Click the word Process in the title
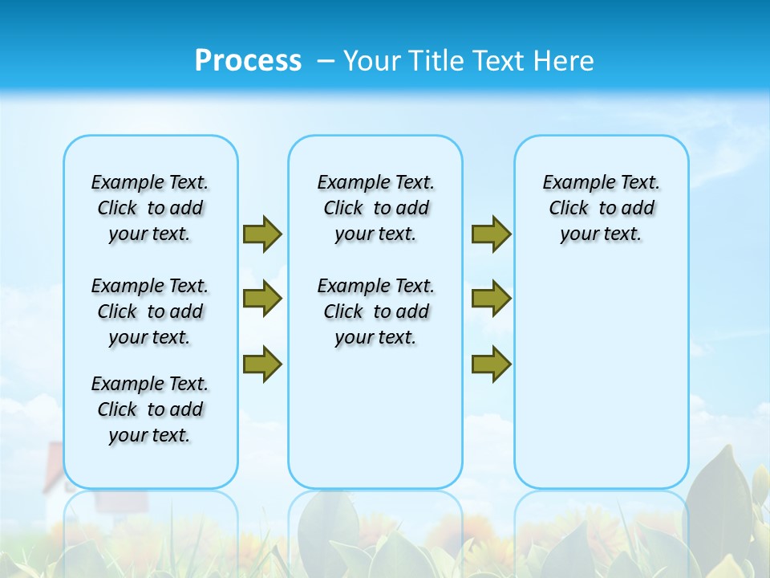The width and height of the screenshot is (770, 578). [248, 61]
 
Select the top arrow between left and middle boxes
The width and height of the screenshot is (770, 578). [261, 234]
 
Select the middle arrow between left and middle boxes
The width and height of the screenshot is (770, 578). [261, 299]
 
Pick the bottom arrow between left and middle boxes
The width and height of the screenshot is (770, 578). [261, 364]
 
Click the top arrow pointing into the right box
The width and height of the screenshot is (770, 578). [491, 234]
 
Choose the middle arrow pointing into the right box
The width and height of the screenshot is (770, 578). [491, 299]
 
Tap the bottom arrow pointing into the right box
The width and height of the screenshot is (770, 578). [491, 364]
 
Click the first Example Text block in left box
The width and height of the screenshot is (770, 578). [150, 208]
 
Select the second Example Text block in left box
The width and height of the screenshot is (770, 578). [150, 311]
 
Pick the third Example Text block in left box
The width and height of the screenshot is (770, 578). [150, 409]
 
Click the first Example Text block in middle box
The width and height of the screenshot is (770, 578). [375, 208]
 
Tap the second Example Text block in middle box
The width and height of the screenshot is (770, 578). [375, 311]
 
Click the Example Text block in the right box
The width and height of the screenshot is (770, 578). [601, 208]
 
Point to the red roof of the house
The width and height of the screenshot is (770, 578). [53, 466]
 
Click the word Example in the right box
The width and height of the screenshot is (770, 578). [571, 183]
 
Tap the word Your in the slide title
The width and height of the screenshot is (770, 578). [372, 61]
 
